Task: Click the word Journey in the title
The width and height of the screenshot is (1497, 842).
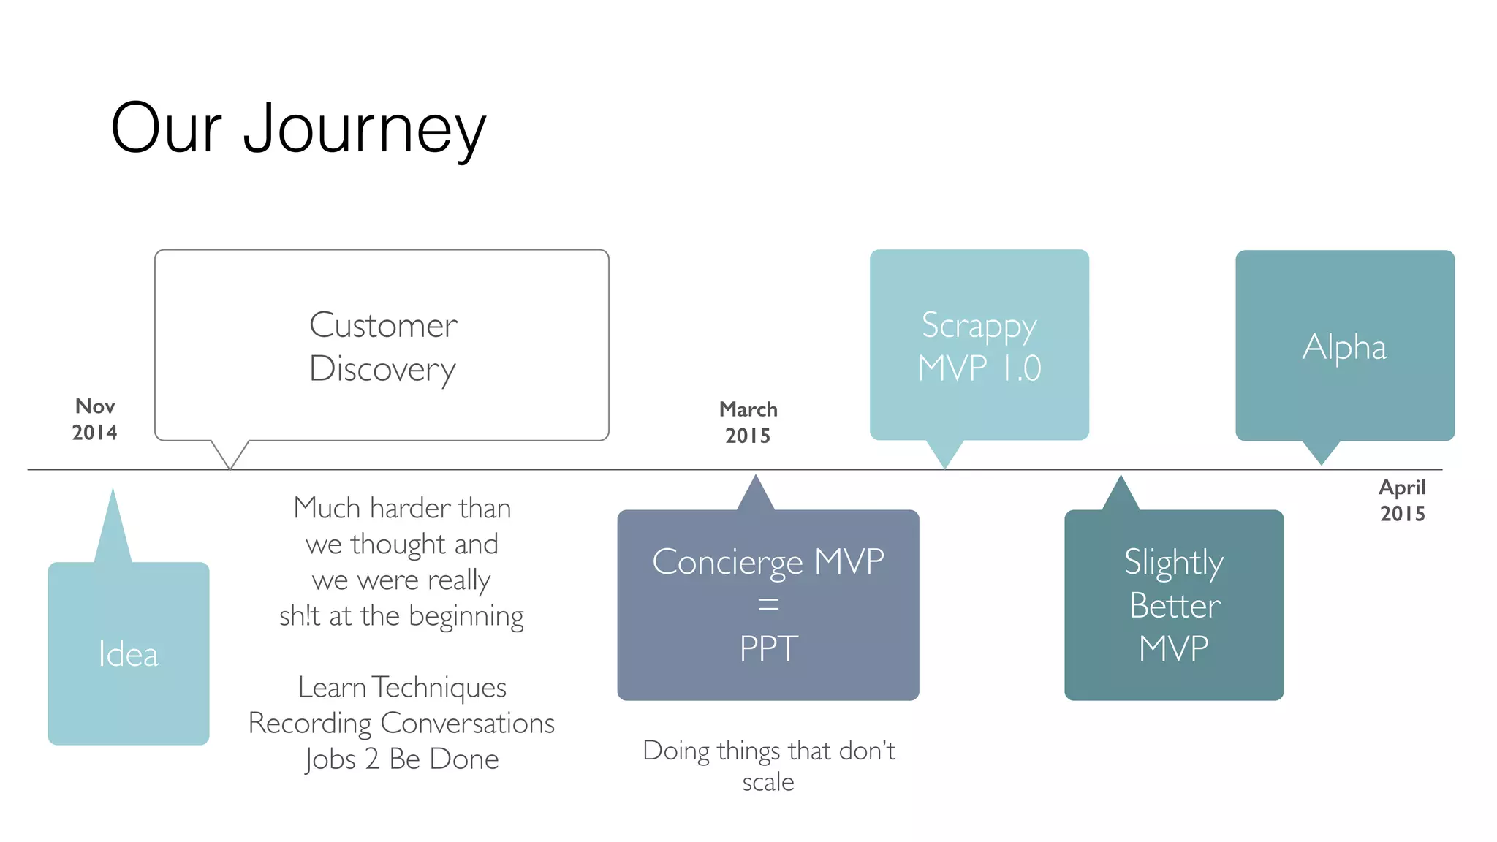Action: point(364,129)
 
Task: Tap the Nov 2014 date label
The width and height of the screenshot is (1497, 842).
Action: point(95,420)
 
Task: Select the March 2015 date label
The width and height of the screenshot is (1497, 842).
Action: point(748,422)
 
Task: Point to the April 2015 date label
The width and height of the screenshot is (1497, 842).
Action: point(1402,501)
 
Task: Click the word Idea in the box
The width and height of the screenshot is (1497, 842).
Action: point(129,654)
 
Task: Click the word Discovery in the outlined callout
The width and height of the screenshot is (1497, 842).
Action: point(382,368)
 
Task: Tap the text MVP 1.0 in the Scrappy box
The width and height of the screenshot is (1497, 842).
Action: point(979,368)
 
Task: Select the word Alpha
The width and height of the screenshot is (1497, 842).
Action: point(1344,346)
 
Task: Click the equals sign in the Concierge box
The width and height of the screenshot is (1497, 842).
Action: point(768,604)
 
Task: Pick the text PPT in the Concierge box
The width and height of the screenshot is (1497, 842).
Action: point(768,648)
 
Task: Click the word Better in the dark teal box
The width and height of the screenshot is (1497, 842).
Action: point(1175,605)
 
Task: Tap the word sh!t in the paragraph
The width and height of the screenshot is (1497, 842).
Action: point(300,616)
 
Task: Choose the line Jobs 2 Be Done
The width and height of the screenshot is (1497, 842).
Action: point(402,759)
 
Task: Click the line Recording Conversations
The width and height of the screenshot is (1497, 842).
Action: point(401,723)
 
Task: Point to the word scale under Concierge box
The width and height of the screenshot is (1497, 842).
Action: point(768,782)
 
